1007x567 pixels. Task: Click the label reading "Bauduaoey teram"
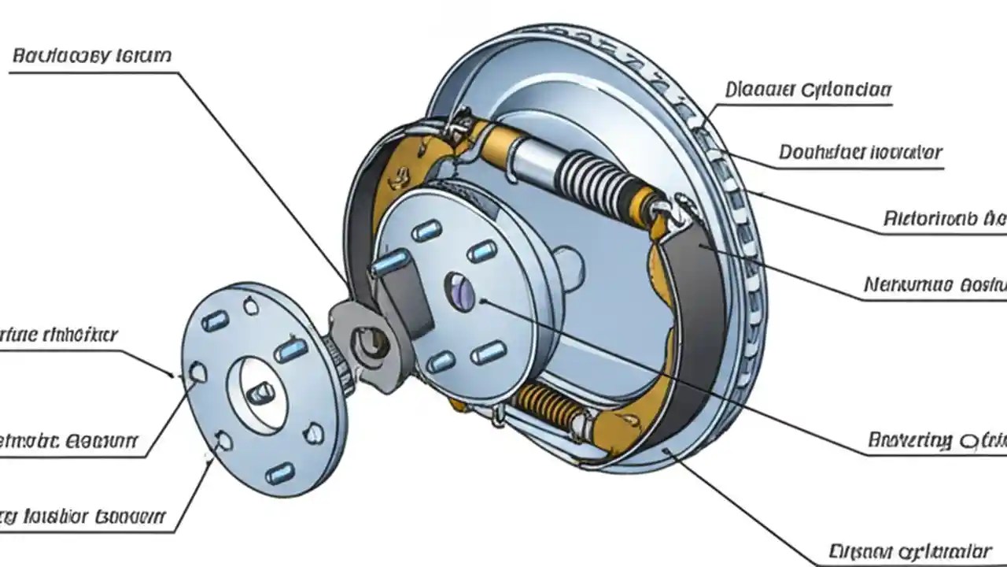[x=92, y=57]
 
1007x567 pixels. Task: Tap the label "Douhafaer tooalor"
[x=860, y=152]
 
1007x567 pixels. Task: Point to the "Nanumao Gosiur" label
[x=935, y=284]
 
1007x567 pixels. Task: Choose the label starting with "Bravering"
[x=936, y=440]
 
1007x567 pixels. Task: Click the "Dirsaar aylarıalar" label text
[x=910, y=549]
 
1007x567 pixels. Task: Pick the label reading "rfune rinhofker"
[x=60, y=335]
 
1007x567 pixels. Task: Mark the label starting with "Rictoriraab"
[x=944, y=217]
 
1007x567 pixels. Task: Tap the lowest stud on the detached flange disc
[x=279, y=474]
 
